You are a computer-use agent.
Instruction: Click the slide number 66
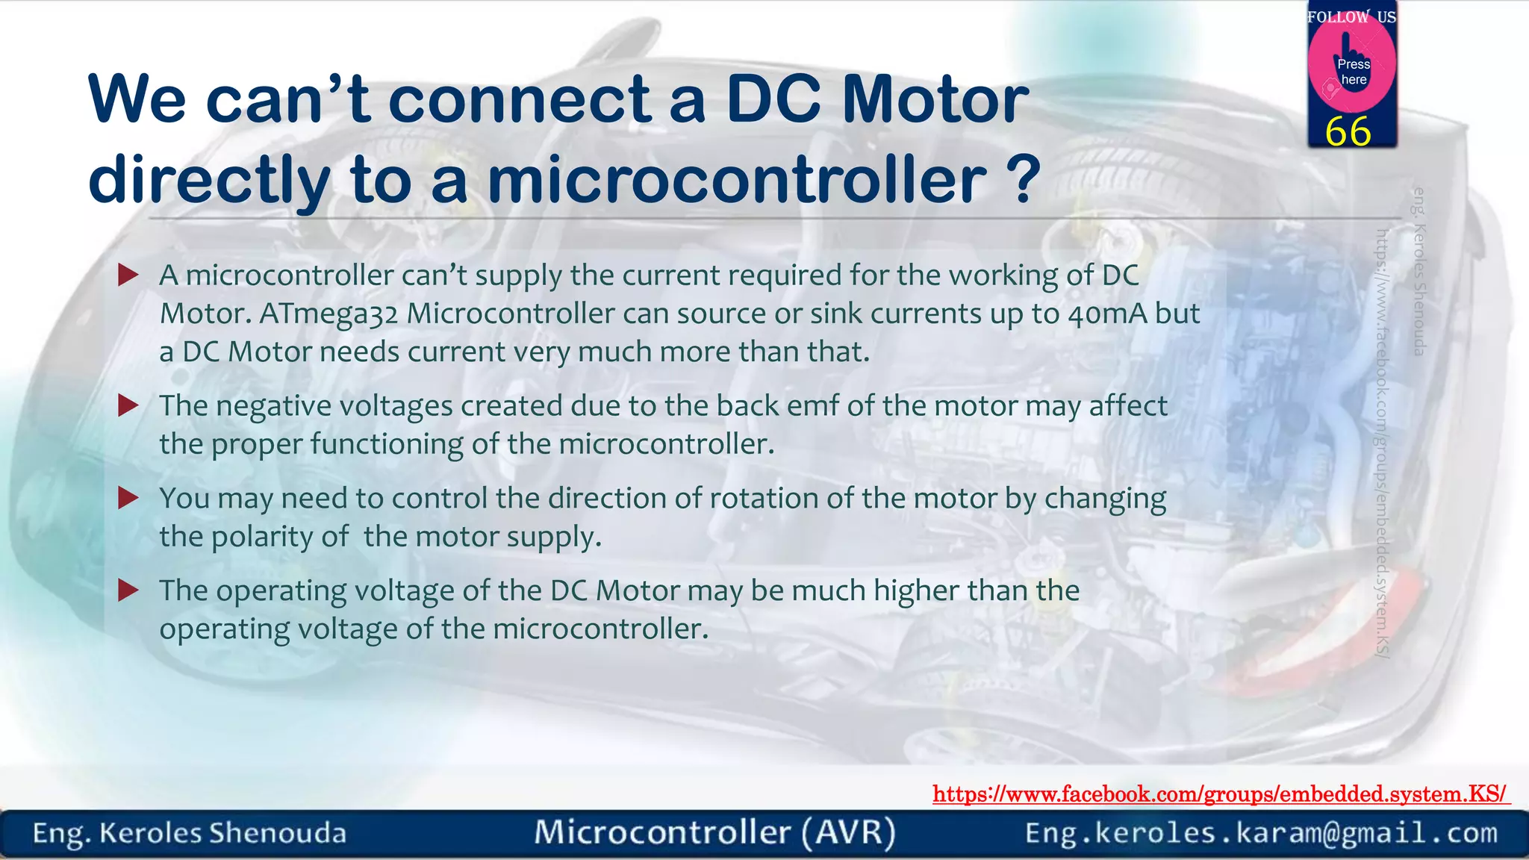point(1348,132)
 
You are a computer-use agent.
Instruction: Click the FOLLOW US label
point(1351,16)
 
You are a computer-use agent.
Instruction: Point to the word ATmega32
point(328,314)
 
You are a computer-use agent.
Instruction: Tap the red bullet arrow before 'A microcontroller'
point(128,275)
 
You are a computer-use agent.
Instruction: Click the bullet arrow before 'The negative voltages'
point(128,405)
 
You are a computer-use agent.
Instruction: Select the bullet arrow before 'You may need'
point(128,498)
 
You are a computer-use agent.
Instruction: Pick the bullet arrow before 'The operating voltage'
point(128,591)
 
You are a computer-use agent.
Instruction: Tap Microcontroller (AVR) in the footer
point(714,832)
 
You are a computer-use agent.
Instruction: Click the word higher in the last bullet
point(916,591)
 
